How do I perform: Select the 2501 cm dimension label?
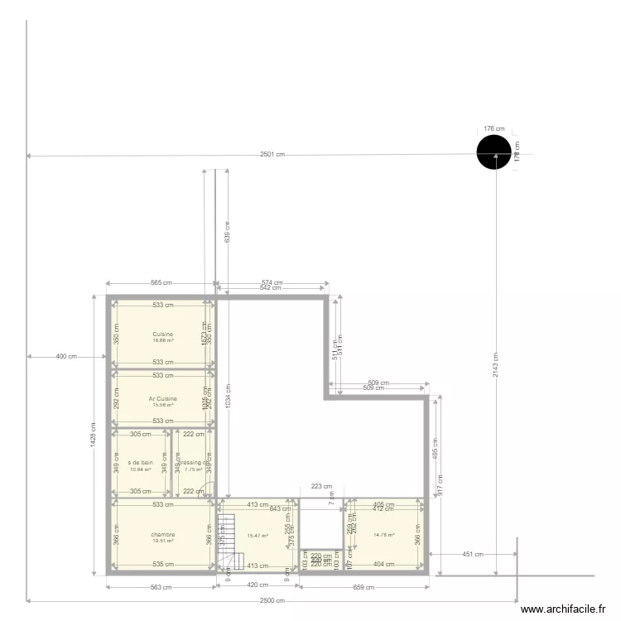[272, 155]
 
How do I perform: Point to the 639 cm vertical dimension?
[228, 231]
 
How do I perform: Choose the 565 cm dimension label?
[161, 282]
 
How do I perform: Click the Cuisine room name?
[162, 334]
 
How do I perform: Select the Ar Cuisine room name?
[162, 398]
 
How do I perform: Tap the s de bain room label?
[140, 462]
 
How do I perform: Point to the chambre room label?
[162, 534]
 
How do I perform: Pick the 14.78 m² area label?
[384, 535]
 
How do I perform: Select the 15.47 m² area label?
[258, 535]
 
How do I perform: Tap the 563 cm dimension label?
[161, 587]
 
